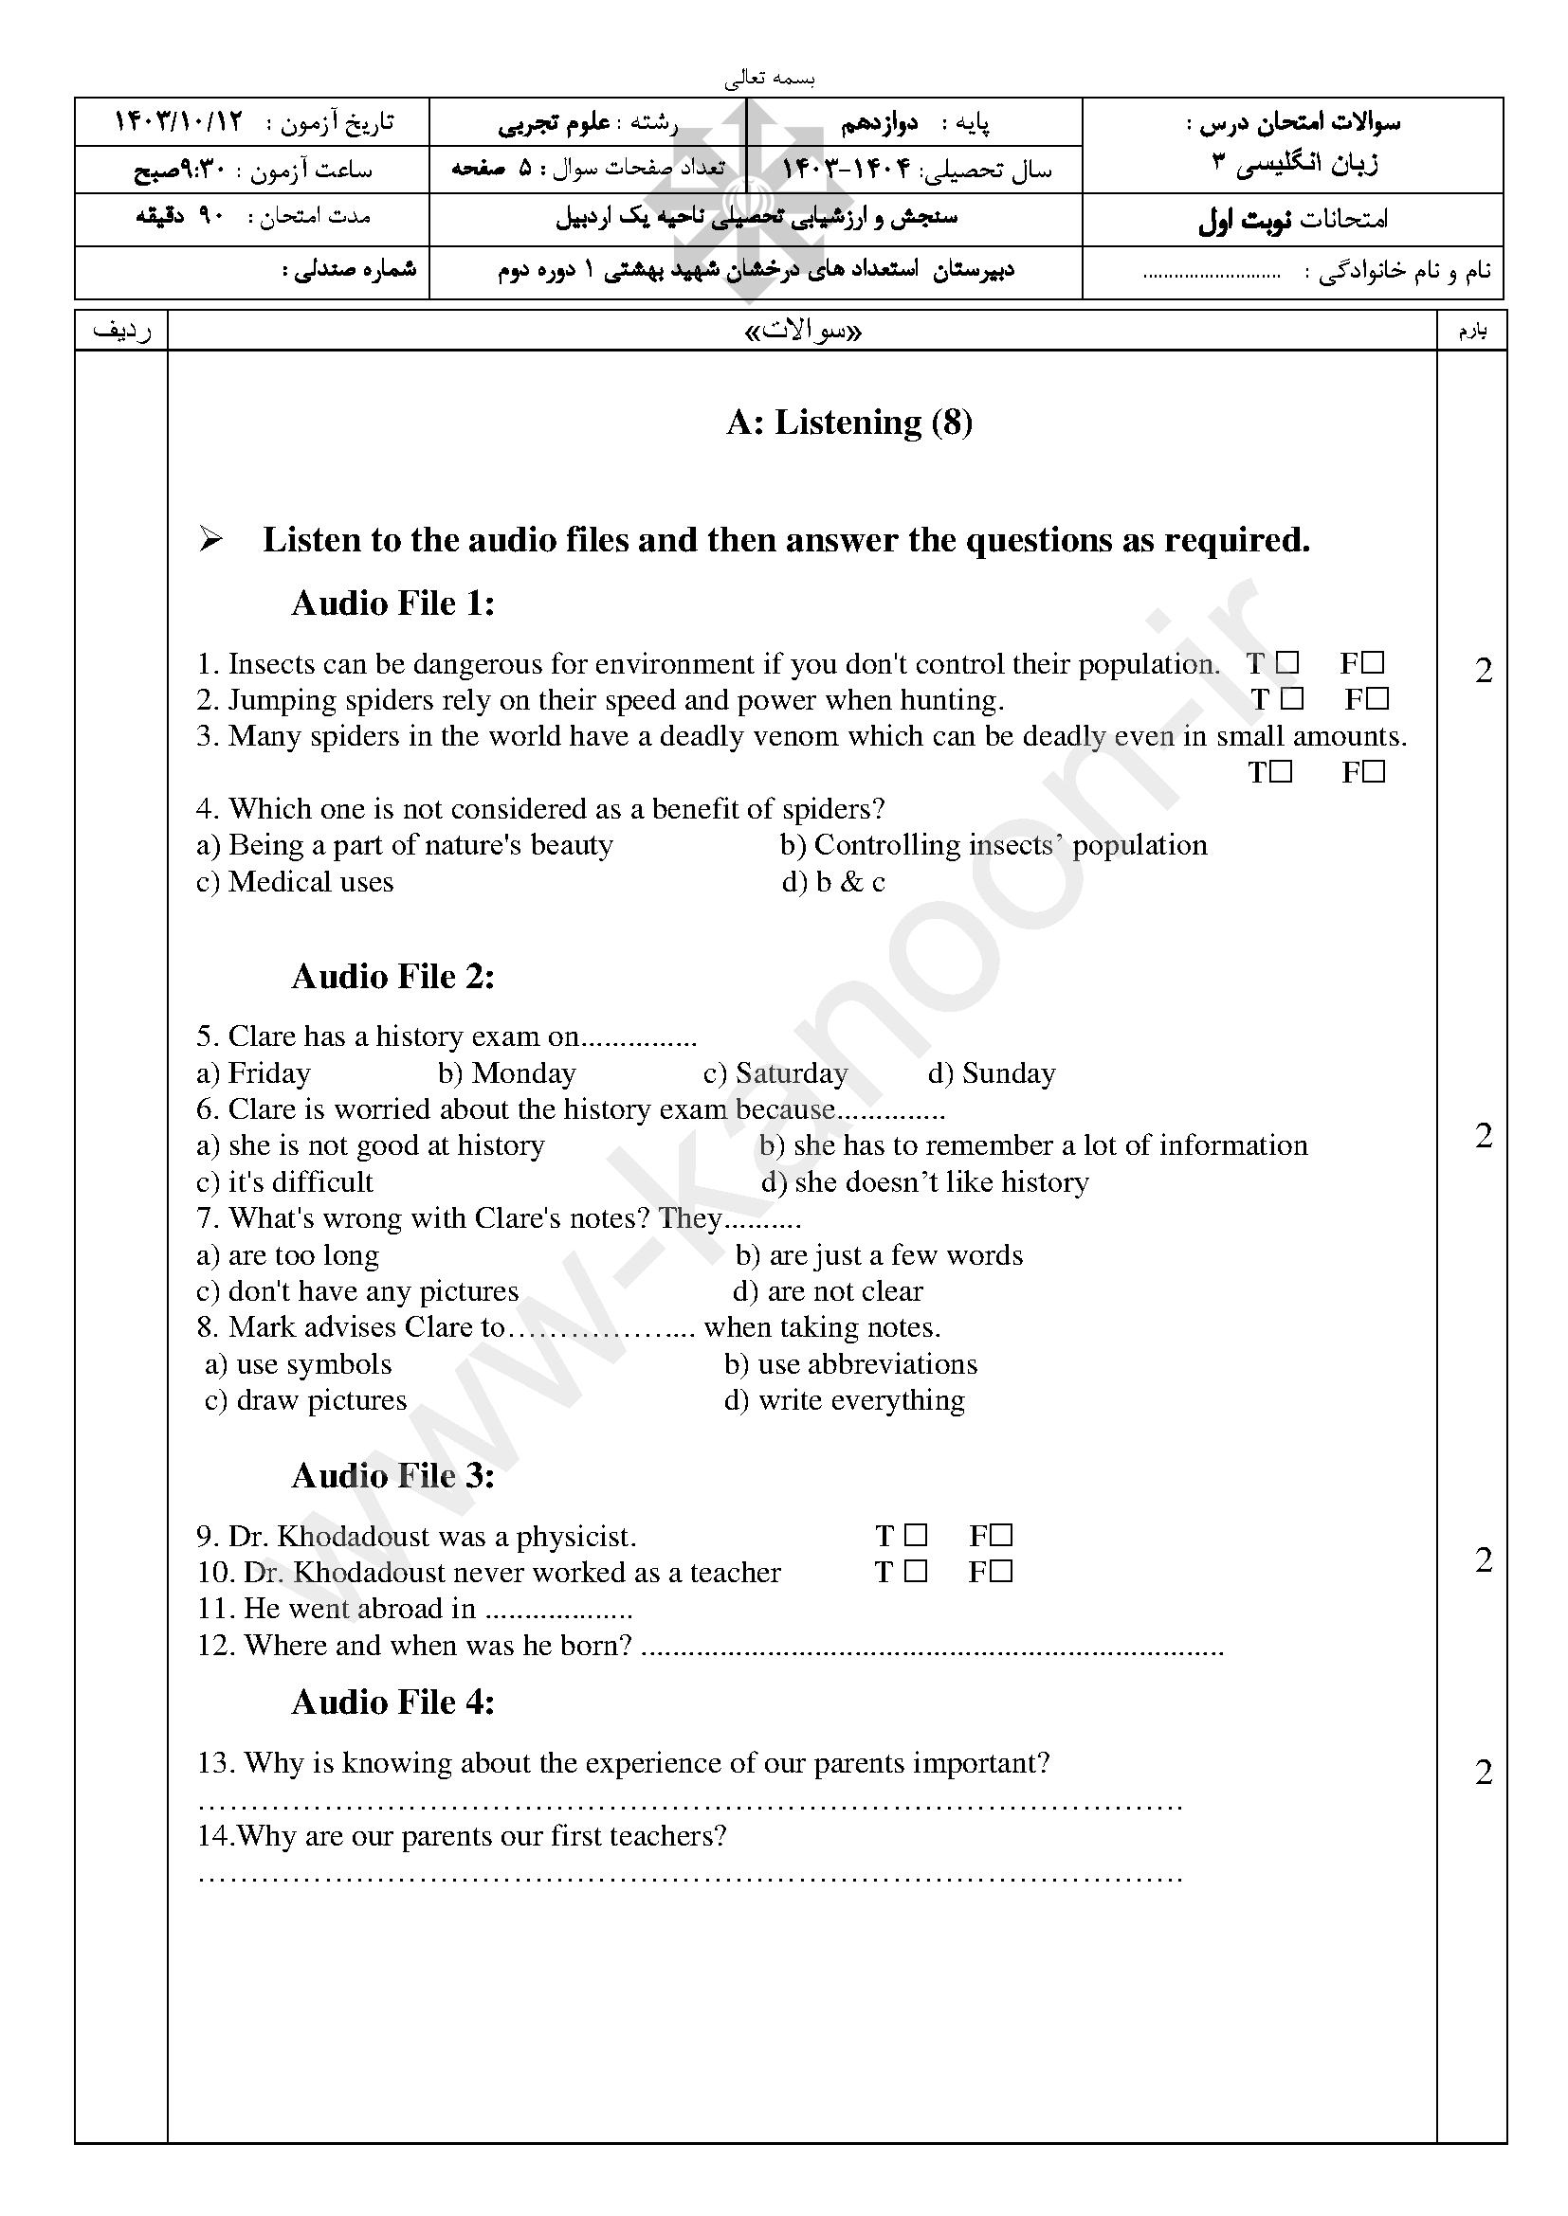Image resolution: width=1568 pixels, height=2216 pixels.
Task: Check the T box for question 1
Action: [x=1287, y=663]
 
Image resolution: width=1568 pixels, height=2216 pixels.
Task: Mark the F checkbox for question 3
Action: [x=1375, y=772]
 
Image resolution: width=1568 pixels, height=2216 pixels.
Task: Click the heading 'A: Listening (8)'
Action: [x=848, y=422]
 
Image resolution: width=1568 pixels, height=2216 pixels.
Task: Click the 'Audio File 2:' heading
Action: [x=393, y=977]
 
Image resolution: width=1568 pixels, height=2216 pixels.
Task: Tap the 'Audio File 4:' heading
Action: [x=393, y=1702]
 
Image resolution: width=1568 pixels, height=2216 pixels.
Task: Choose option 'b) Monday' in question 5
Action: [x=506, y=1073]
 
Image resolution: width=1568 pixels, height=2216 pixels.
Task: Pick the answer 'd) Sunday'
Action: [x=992, y=1073]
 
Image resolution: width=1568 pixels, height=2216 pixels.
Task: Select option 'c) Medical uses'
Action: [x=295, y=882]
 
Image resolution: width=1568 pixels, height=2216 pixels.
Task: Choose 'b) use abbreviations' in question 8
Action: [x=850, y=1363]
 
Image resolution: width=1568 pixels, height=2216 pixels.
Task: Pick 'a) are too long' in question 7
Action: [x=288, y=1254]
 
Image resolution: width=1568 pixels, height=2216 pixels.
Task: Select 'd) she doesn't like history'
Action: [x=924, y=1182]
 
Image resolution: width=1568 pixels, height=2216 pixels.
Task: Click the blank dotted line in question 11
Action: [x=558, y=1610]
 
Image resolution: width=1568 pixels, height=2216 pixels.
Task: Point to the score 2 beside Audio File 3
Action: [x=1484, y=1559]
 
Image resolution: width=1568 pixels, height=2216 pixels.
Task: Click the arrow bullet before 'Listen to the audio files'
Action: [x=210, y=540]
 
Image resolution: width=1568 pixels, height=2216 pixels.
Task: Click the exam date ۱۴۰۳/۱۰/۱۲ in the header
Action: [x=178, y=122]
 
